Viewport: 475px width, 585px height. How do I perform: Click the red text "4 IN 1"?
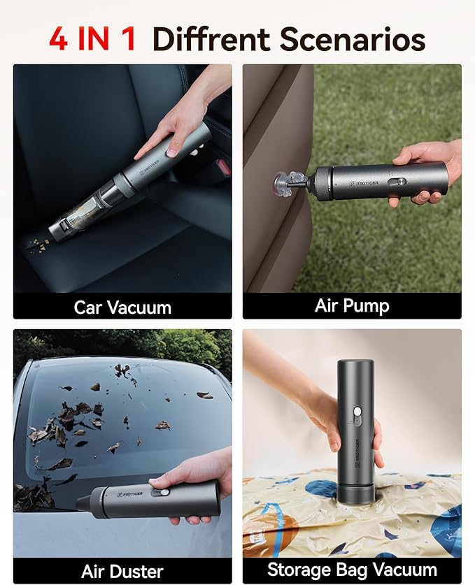94,38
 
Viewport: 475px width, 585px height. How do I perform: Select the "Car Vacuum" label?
122,307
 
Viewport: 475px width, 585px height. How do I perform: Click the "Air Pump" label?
352,305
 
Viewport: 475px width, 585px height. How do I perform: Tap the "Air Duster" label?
122,570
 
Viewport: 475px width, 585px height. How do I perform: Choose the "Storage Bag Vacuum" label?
352,570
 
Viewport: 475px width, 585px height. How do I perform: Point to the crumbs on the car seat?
39,245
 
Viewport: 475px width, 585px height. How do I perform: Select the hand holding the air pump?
430,168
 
